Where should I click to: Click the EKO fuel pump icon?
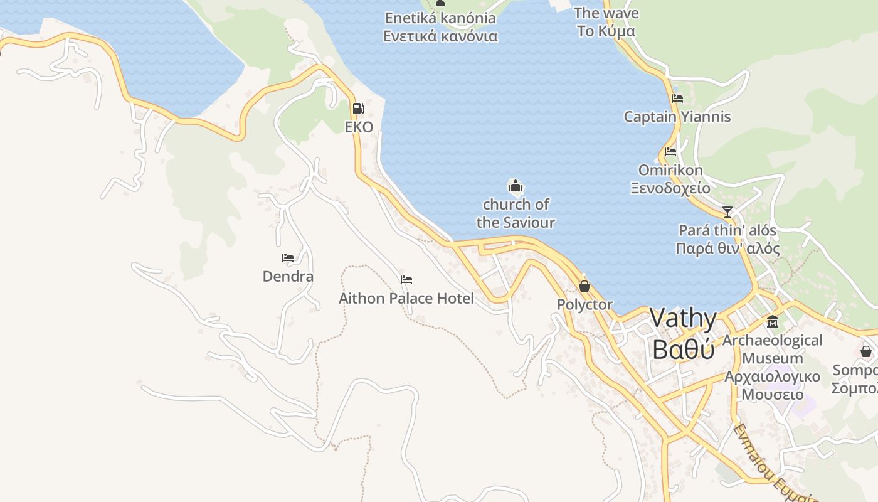(x=358, y=109)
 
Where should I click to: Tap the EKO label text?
(x=359, y=127)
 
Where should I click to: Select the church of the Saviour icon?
(x=515, y=186)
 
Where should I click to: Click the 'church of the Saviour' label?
(x=516, y=213)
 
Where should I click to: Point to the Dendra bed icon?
(x=288, y=258)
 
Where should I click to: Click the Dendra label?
(x=288, y=277)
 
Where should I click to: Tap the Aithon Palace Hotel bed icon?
(x=406, y=280)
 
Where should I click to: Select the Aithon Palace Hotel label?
(x=406, y=298)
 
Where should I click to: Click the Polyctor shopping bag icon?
(x=584, y=286)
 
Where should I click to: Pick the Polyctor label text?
(x=584, y=304)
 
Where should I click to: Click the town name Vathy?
(x=683, y=319)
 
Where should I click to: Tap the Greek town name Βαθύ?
(x=683, y=349)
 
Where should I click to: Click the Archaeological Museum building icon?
(x=773, y=322)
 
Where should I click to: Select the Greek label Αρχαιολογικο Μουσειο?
(x=772, y=385)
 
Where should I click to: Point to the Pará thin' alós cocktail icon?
(x=727, y=212)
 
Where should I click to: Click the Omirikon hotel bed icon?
(x=670, y=152)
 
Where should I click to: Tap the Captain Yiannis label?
(x=677, y=117)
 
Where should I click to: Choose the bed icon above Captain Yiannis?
(x=677, y=99)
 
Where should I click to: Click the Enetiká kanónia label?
(x=440, y=18)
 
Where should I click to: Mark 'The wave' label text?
(x=606, y=13)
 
